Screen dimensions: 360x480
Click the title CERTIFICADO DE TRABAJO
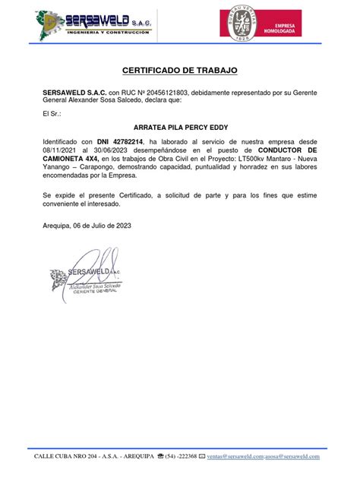(180, 71)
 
